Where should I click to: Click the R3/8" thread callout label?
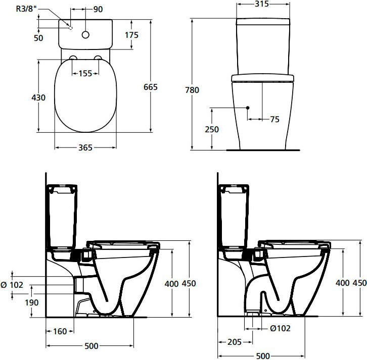tap(26, 9)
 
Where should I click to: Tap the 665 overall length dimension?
tap(151, 87)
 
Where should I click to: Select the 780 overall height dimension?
tap(192, 90)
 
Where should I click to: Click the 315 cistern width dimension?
tap(262, 4)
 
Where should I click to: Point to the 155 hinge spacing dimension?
tap(85, 73)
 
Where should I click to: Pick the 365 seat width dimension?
tap(85, 147)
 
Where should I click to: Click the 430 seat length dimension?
tap(38, 97)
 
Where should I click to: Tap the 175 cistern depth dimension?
tap(131, 35)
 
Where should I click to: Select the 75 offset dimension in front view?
tap(275, 120)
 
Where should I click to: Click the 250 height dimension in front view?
tap(212, 129)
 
